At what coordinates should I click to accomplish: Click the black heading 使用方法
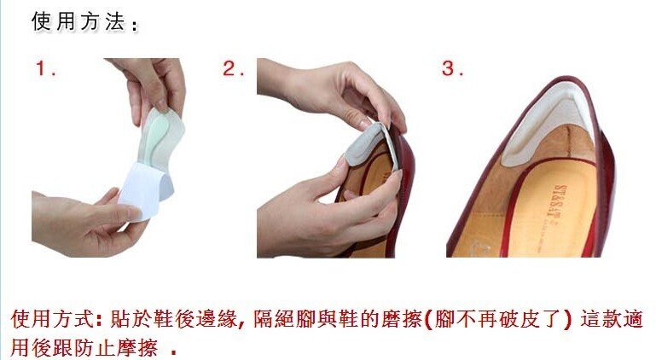click(78, 22)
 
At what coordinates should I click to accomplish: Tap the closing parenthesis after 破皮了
click(568, 320)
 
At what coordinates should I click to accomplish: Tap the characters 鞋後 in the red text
click(173, 319)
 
